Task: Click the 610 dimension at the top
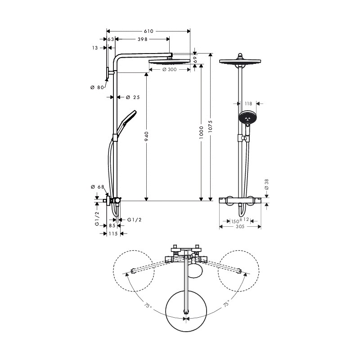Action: tap(148, 31)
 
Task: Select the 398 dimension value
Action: tap(143, 39)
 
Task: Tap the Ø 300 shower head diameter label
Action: tap(170, 69)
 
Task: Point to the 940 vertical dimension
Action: tap(147, 136)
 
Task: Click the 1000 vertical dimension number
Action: tap(201, 132)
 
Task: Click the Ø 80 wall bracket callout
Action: tap(97, 87)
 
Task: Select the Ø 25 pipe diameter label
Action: tap(133, 97)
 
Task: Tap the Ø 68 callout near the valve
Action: tap(98, 187)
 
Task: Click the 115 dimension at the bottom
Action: tap(113, 234)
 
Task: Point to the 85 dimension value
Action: tap(112, 226)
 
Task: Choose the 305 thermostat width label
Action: tap(240, 227)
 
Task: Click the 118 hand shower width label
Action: tap(248, 104)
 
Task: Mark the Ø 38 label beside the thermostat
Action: tap(266, 184)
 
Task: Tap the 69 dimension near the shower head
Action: tap(195, 60)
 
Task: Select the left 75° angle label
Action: tap(148, 306)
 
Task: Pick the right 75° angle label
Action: tap(226, 303)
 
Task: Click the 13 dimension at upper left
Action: tap(95, 48)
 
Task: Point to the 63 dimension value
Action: tap(111, 40)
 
